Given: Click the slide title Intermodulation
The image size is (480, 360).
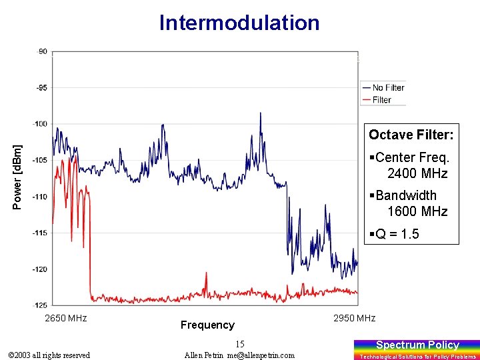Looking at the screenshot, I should (x=239, y=23).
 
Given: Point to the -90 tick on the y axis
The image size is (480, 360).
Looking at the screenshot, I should (x=41, y=51).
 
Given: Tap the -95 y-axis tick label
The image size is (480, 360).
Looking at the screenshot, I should (x=41, y=87).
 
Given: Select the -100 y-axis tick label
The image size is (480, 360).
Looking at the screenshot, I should (x=40, y=123).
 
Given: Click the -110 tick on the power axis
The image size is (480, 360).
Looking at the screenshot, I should (x=40, y=197).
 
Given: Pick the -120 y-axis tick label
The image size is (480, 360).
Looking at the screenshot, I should (x=40, y=269).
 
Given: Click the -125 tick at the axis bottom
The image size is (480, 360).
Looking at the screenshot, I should (x=40, y=305).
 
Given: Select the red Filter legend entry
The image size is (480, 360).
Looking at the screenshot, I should (x=381, y=100).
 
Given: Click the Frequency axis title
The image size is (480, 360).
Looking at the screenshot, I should (x=207, y=325).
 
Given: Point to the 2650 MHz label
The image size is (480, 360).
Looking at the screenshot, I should (x=65, y=318).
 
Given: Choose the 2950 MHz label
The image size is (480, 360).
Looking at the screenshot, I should (x=354, y=318).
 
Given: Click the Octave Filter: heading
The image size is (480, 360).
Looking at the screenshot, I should (x=411, y=135).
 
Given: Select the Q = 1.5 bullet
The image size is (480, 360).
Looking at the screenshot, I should (x=397, y=234).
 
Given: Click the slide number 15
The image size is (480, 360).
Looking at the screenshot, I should (x=240, y=344).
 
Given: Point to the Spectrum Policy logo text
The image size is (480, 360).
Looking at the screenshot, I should (x=417, y=345).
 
